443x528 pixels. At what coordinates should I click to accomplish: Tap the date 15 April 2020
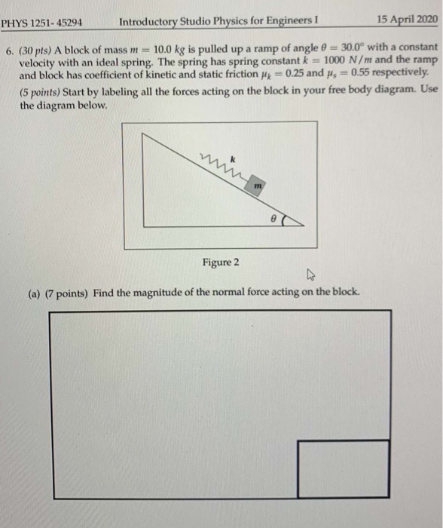tap(404, 20)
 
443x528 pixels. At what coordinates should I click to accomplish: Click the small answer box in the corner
tap(343, 468)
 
